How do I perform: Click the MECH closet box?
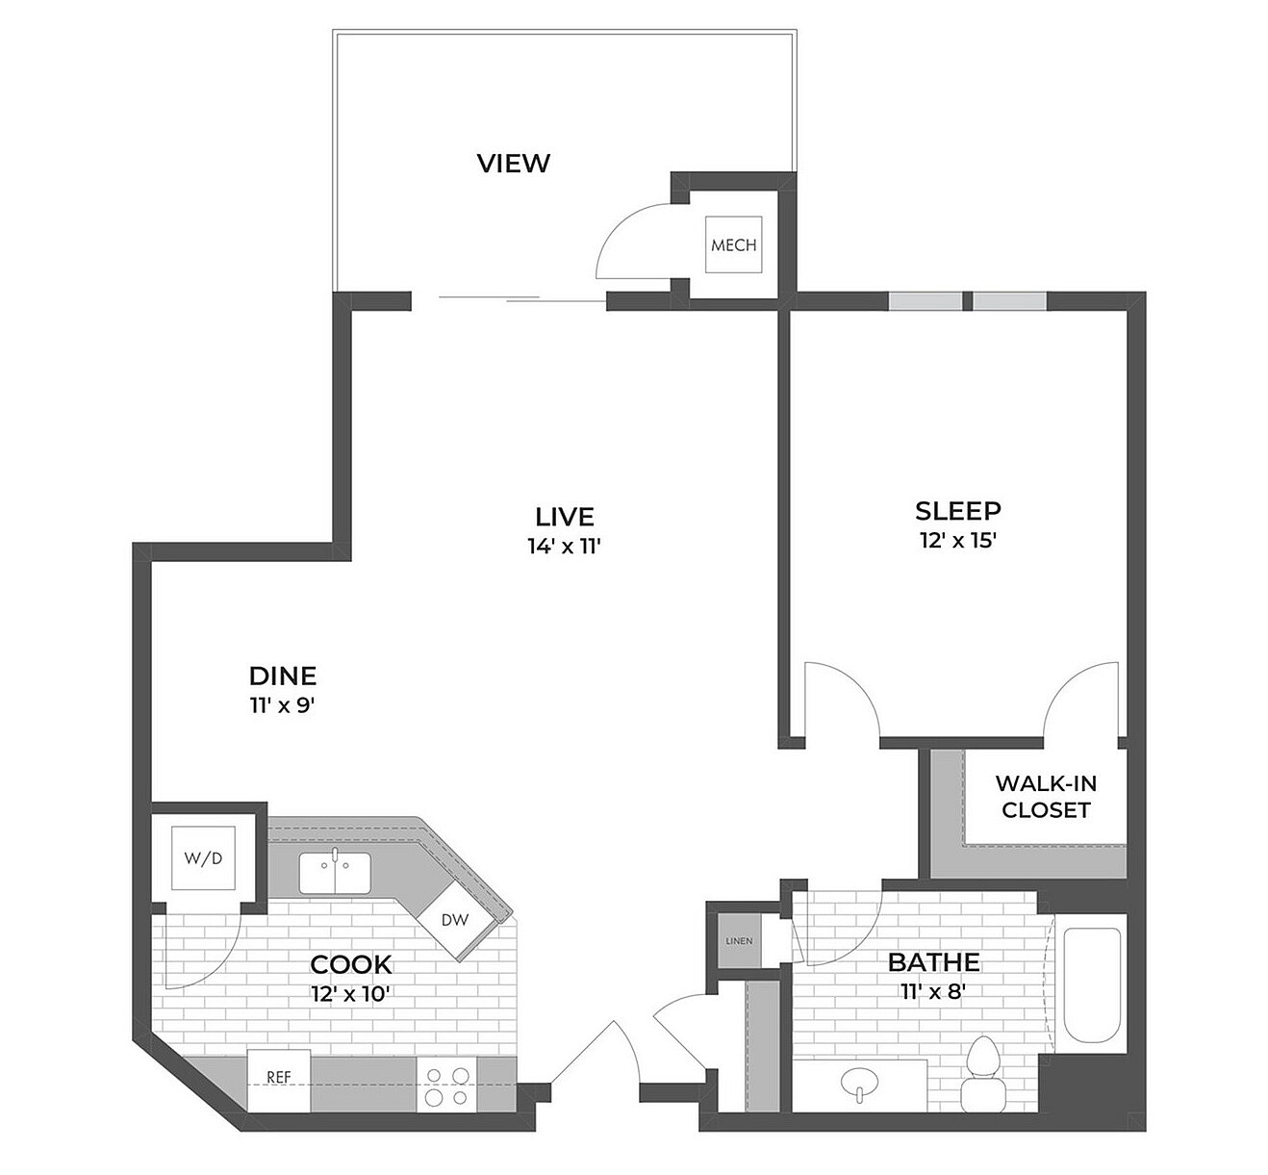pyautogui.click(x=733, y=244)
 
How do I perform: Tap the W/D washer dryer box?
pyautogui.click(x=203, y=857)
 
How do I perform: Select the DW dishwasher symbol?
pyautogui.click(x=455, y=920)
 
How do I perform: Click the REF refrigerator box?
pyautogui.click(x=279, y=1079)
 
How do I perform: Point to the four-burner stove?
pyautogui.click(x=447, y=1086)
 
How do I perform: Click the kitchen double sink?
pyautogui.click(x=334, y=872)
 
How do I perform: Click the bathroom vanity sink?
pyautogui.click(x=858, y=1085)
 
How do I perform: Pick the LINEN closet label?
pyautogui.click(x=739, y=940)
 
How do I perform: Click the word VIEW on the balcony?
pyautogui.click(x=514, y=164)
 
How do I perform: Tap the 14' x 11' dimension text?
pyautogui.click(x=565, y=547)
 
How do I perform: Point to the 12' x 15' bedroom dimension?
pyautogui.click(x=957, y=540)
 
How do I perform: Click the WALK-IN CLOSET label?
pyautogui.click(x=1046, y=797)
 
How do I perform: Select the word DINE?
pyautogui.click(x=283, y=676)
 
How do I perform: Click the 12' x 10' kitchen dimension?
pyautogui.click(x=350, y=993)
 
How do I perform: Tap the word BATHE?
pyautogui.click(x=933, y=961)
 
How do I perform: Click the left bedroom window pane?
pyautogui.click(x=925, y=300)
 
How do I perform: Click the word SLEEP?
pyautogui.click(x=957, y=510)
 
